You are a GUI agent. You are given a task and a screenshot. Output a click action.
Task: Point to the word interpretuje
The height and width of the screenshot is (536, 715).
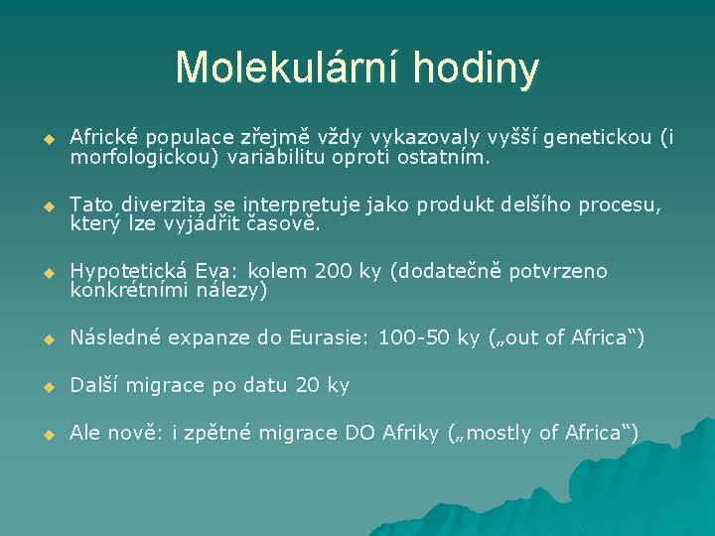(305, 204)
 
